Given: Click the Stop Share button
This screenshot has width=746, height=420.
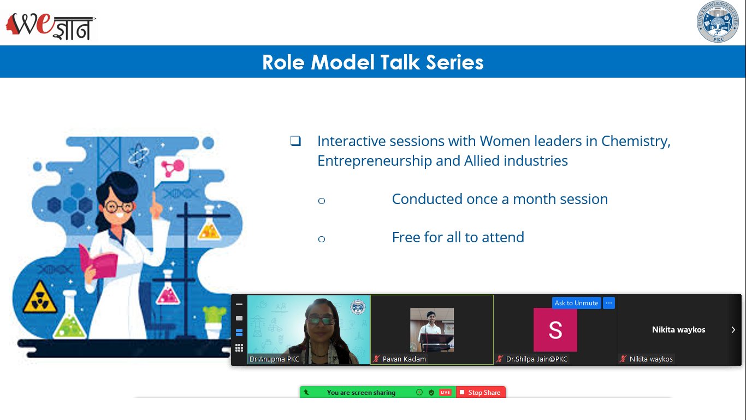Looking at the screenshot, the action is coord(481,392).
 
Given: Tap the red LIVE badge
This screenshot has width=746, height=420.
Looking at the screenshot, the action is coord(445,392).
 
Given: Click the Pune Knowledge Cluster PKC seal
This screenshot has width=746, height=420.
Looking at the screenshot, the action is coord(718,21).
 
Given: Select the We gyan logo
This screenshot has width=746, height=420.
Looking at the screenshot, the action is coord(51,26).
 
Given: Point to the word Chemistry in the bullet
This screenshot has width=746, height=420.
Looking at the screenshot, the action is coord(636,142).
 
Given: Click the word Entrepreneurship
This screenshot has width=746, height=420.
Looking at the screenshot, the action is coord(375,161).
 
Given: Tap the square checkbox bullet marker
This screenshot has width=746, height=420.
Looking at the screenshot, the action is coord(295,141).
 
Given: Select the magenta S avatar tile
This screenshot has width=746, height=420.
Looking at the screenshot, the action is coord(555,330).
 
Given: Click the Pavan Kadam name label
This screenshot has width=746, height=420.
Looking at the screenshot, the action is coord(404,359).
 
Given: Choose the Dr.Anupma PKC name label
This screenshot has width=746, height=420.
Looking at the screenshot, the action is coord(274,359).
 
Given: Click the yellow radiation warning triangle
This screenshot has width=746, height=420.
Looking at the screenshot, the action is coord(40,297).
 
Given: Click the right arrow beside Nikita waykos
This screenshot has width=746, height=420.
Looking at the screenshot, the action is coord(733,330).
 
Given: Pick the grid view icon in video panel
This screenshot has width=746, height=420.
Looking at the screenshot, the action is coord(239,348).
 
